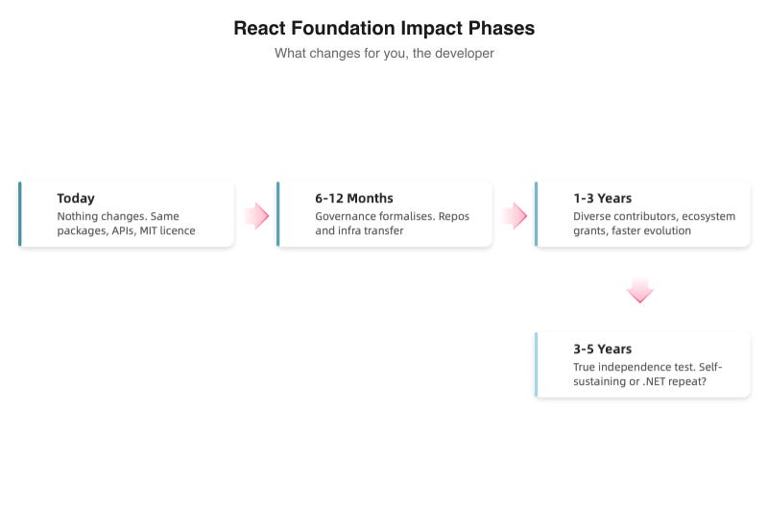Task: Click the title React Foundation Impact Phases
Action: pyautogui.click(x=384, y=29)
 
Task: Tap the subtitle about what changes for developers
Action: pyautogui.click(x=384, y=54)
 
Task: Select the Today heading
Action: pyautogui.click(x=76, y=199)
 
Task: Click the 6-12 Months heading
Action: pyautogui.click(x=354, y=199)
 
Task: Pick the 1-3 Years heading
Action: pyautogui.click(x=603, y=199)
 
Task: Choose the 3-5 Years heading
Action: pyautogui.click(x=603, y=349)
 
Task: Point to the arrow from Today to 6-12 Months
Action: pyautogui.click(x=255, y=216)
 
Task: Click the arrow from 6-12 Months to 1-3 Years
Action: pyautogui.click(x=515, y=216)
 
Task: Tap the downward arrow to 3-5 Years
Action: pyautogui.click(x=640, y=290)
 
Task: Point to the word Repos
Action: pyautogui.click(x=454, y=217)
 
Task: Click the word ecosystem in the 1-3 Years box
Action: pyautogui.click(x=708, y=217)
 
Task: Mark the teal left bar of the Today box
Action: pyautogui.click(x=20, y=214)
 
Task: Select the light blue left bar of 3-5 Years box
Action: pyautogui.click(x=537, y=365)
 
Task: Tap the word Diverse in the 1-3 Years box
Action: pyautogui.click(x=592, y=217)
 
